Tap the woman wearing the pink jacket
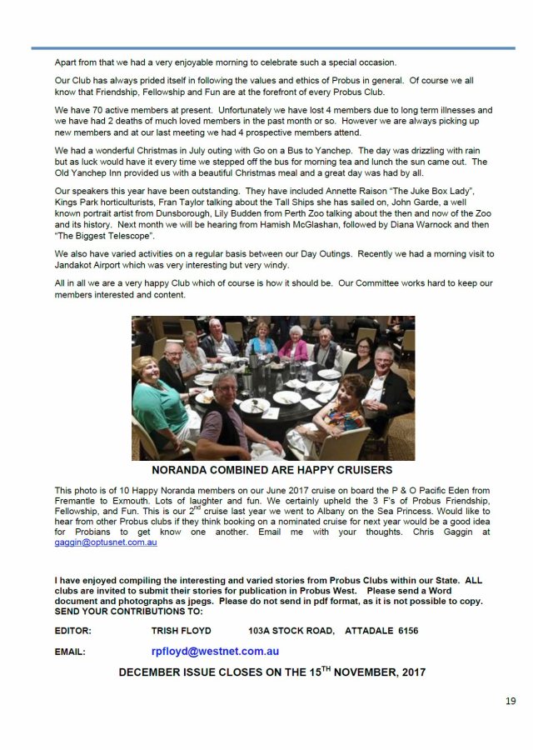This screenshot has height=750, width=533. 293,344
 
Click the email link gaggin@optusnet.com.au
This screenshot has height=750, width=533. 106,542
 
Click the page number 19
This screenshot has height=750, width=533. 510,701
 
